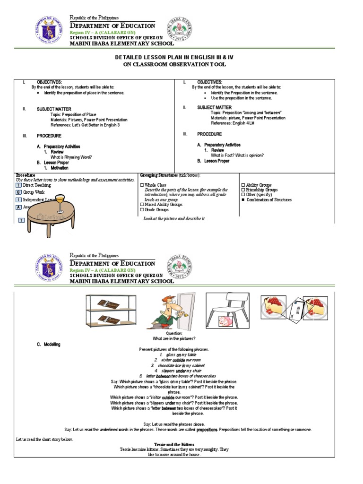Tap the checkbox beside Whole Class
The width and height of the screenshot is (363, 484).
[142, 185]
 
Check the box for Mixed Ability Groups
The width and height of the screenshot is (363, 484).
[142, 205]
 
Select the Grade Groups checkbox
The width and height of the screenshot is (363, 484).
[142, 209]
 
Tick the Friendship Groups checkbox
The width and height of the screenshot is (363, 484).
[243, 190]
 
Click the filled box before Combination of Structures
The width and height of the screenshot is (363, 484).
[243, 199]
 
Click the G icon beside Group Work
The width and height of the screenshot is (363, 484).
[18, 192]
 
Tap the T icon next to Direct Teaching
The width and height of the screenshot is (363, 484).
[18, 185]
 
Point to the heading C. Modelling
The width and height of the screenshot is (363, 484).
[49, 345]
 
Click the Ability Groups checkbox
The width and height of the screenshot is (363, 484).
[243, 185]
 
